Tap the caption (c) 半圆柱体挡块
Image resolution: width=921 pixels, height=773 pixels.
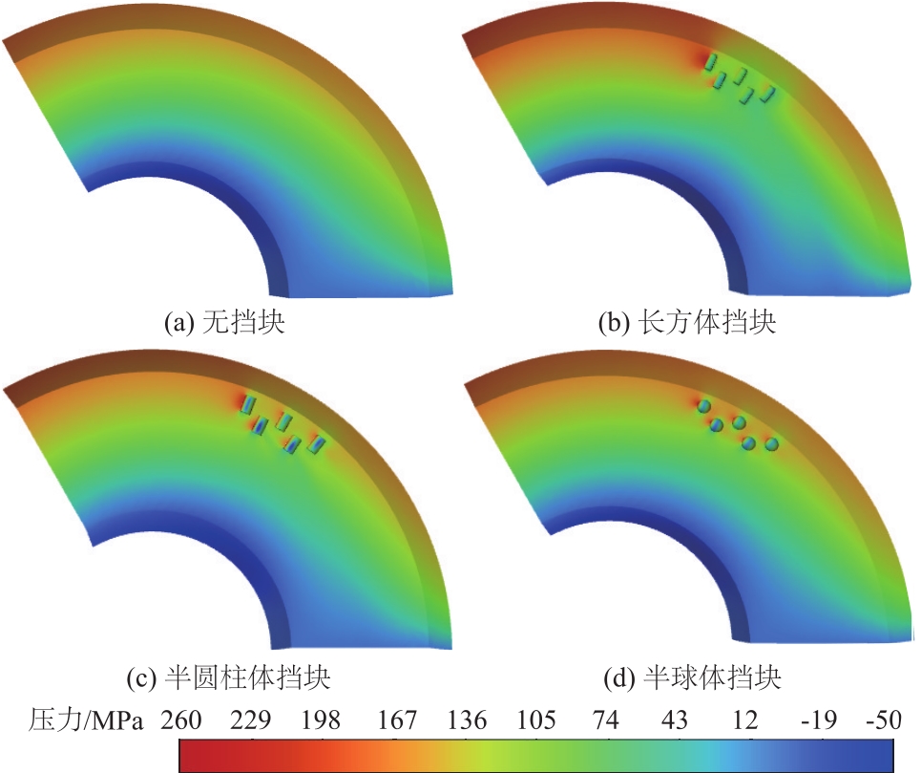point(228,678)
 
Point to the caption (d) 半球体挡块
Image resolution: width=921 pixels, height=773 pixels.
point(693,678)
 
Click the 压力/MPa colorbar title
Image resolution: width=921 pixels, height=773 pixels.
point(87,719)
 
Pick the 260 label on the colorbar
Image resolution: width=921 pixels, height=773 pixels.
point(181,719)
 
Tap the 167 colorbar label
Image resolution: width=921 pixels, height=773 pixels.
point(394,719)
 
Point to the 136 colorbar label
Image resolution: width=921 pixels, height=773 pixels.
point(466,719)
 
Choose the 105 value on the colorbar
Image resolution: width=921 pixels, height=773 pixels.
point(537,719)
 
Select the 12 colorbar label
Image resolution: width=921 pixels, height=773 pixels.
point(745,719)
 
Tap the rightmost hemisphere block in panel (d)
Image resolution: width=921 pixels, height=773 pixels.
point(771,444)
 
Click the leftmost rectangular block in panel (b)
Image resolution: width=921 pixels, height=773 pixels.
point(710,62)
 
